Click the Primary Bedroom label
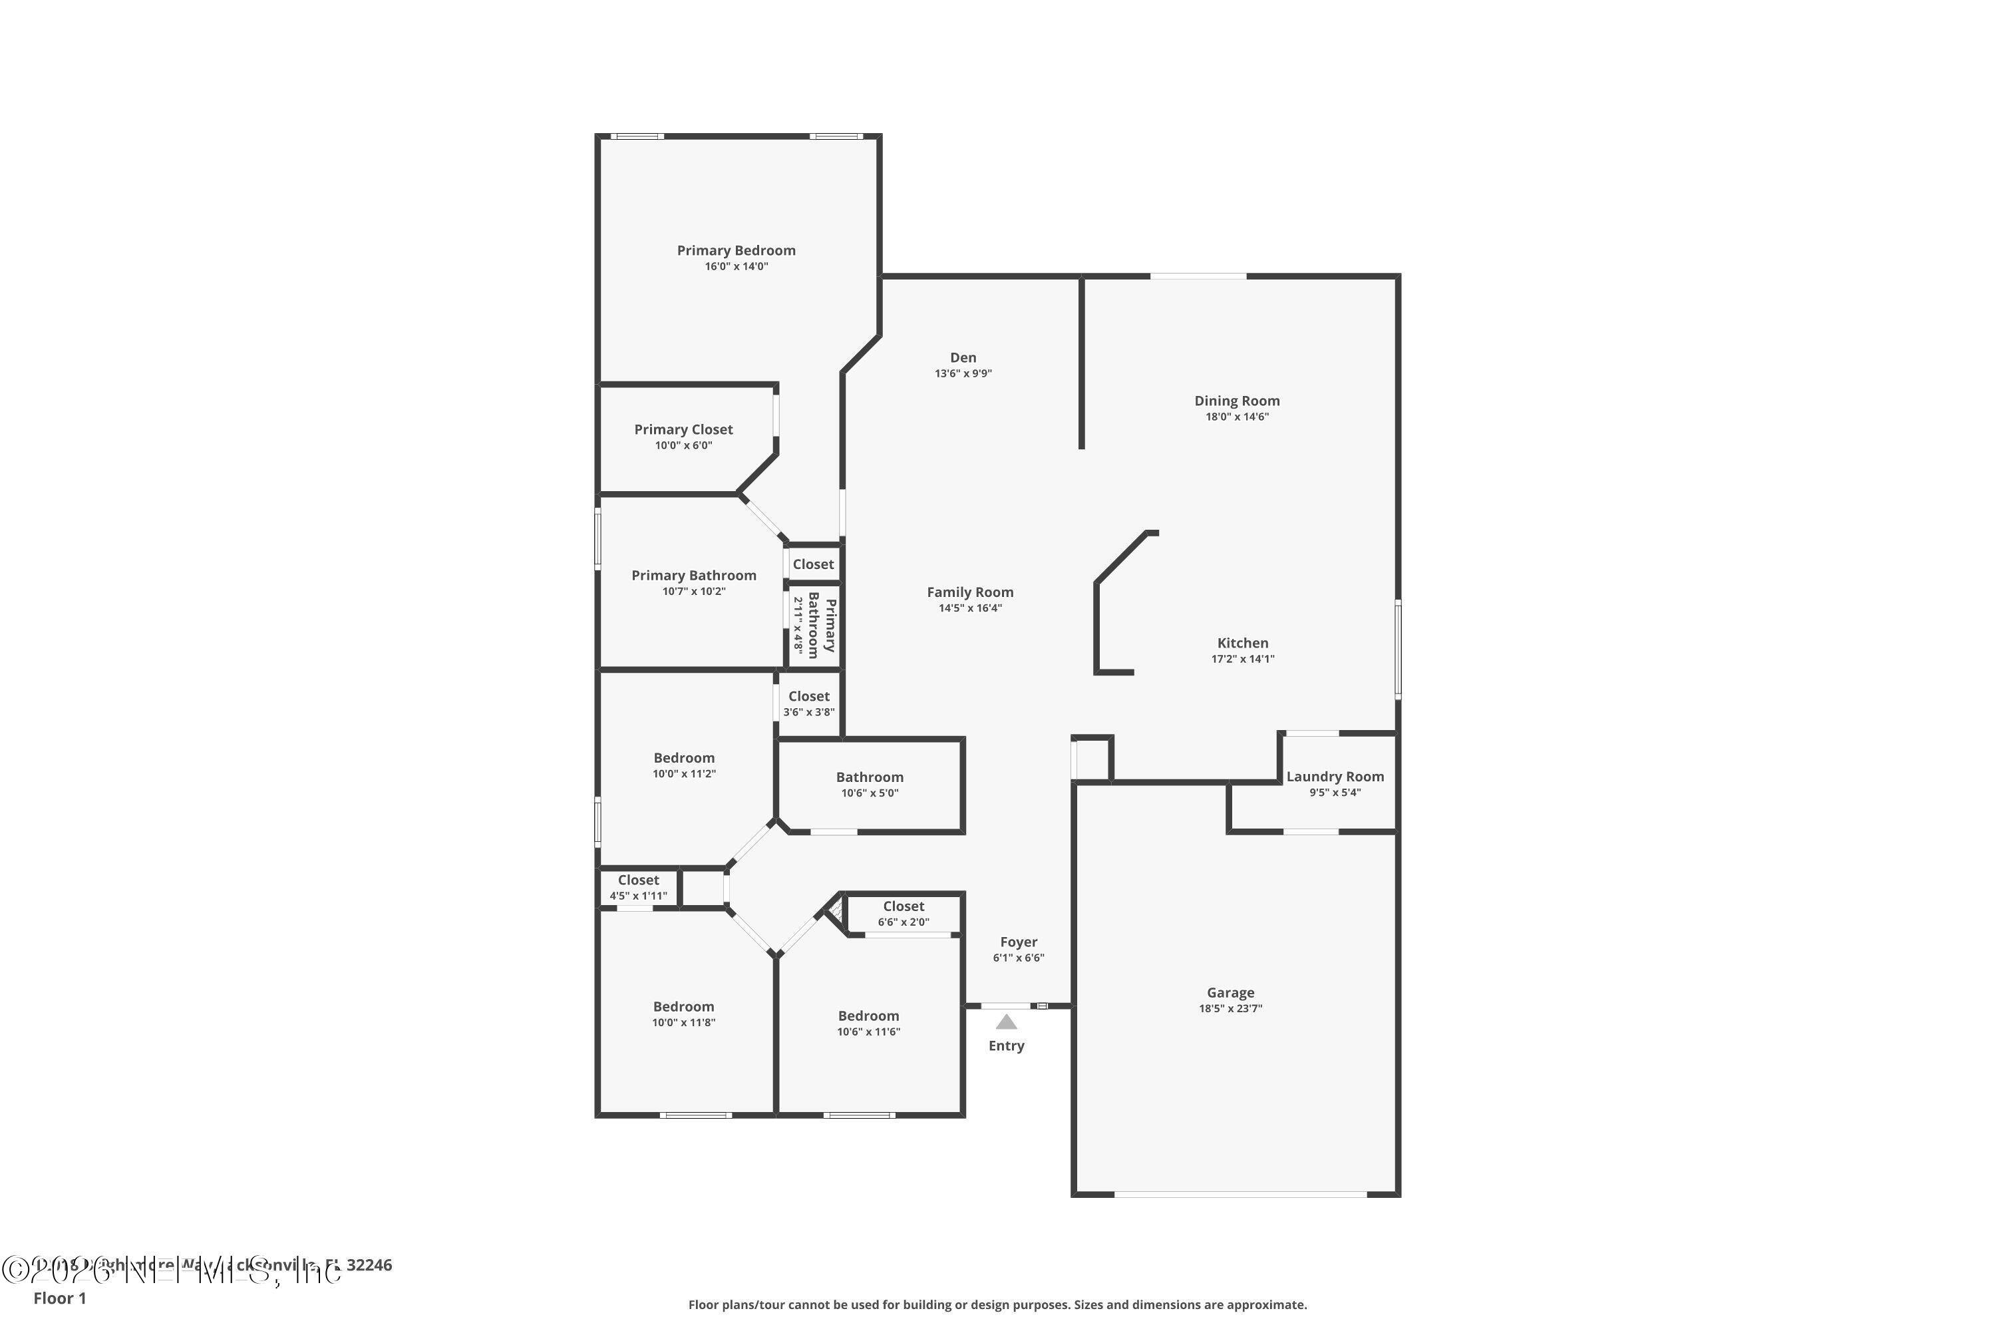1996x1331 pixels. (x=736, y=250)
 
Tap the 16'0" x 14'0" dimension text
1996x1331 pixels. (x=736, y=267)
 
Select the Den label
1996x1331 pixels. (x=962, y=357)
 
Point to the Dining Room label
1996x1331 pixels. (x=1236, y=401)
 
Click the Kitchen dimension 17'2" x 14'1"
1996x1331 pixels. (x=1242, y=659)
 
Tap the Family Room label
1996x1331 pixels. (x=969, y=592)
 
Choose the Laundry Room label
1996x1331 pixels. (x=1334, y=777)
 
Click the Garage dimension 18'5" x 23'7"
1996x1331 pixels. (x=1230, y=1008)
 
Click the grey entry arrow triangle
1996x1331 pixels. (x=1005, y=1022)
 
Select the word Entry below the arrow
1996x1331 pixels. (x=1005, y=1046)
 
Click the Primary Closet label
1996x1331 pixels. (x=683, y=429)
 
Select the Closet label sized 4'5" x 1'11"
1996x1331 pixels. (x=637, y=880)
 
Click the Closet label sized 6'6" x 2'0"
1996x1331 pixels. (x=903, y=906)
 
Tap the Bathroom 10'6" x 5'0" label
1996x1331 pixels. (x=869, y=777)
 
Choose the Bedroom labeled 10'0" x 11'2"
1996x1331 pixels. (x=683, y=758)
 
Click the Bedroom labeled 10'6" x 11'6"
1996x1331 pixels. (x=868, y=1016)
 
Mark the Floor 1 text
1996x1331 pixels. (x=59, y=1298)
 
